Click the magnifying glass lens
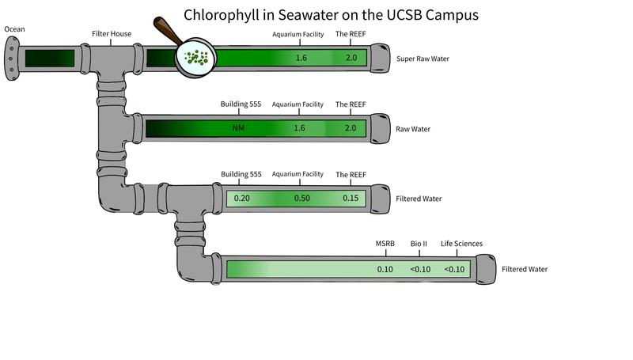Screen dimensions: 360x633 pyautogui.click(x=195, y=58)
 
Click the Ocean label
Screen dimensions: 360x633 pyautogui.click(x=14, y=29)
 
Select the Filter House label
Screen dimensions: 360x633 pyautogui.click(x=112, y=34)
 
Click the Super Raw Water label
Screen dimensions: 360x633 pyautogui.click(x=423, y=59)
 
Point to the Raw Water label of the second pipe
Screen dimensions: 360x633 pyautogui.click(x=413, y=128)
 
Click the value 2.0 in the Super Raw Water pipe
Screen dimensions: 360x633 pyautogui.click(x=351, y=59)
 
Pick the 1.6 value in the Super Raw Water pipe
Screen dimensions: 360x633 pyautogui.click(x=301, y=59)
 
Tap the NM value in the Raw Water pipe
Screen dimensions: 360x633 pyautogui.click(x=239, y=128)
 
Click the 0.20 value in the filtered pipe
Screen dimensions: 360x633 pyautogui.click(x=242, y=198)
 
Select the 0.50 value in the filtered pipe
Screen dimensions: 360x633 pyautogui.click(x=301, y=198)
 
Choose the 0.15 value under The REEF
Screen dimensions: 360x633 pyautogui.click(x=351, y=198)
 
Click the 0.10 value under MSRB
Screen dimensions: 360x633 pyautogui.click(x=385, y=269)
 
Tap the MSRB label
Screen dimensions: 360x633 pyautogui.click(x=385, y=244)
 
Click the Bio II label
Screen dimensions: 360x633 pyautogui.click(x=419, y=244)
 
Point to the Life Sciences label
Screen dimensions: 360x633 pyautogui.click(x=461, y=244)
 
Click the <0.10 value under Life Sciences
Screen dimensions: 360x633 pyautogui.click(x=454, y=269)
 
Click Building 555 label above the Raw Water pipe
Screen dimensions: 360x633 pyautogui.click(x=241, y=104)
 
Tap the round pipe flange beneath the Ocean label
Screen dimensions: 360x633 pyautogui.click(x=10, y=59)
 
